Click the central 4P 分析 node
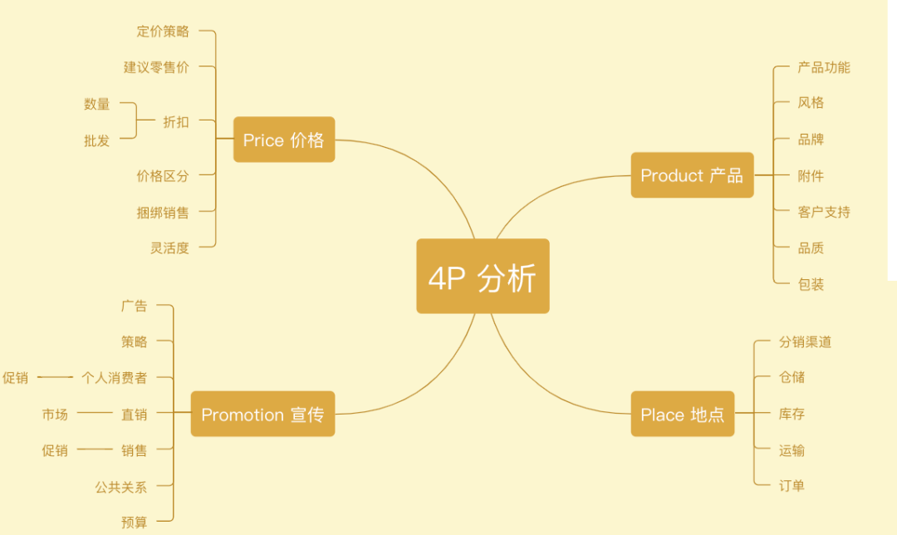click(x=483, y=276)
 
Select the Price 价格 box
click(x=284, y=140)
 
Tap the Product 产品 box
click(x=692, y=175)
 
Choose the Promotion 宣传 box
click(x=262, y=414)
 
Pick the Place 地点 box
click(x=683, y=414)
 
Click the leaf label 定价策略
click(x=163, y=31)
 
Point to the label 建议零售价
click(x=156, y=67)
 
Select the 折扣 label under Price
click(x=176, y=122)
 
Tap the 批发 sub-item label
click(x=96, y=140)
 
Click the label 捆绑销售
click(x=163, y=213)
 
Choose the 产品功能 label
click(x=824, y=67)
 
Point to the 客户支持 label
click(x=824, y=213)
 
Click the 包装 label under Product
click(x=811, y=284)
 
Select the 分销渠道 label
click(x=805, y=342)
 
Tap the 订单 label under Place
click(x=792, y=486)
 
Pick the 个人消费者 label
click(x=115, y=378)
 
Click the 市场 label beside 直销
click(x=55, y=415)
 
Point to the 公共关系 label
click(x=121, y=488)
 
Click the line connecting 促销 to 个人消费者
click(x=55, y=377)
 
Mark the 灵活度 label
click(x=169, y=248)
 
